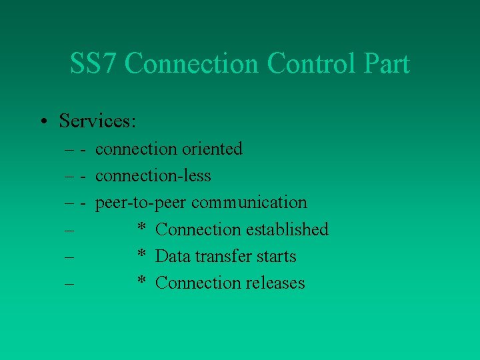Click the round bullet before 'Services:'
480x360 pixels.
(42, 121)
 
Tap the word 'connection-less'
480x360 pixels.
(153, 176)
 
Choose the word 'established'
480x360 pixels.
(287, 229)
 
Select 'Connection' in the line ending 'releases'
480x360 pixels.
(198, 283)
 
